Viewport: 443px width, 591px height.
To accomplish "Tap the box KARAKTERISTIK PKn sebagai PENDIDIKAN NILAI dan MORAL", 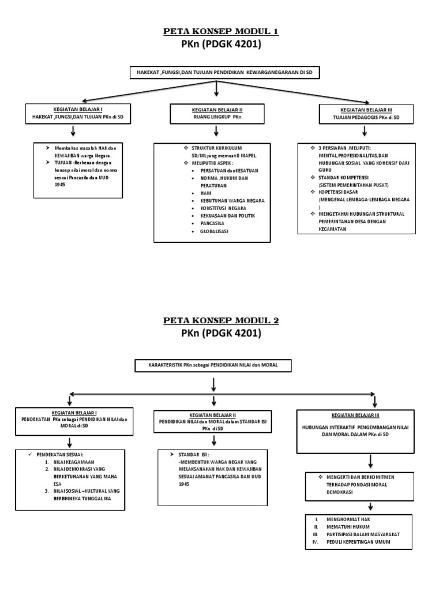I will pos(213,365).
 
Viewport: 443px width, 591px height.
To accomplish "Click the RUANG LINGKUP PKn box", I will pos(216,113).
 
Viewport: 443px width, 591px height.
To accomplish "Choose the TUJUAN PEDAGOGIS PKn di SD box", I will pos(366,113).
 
